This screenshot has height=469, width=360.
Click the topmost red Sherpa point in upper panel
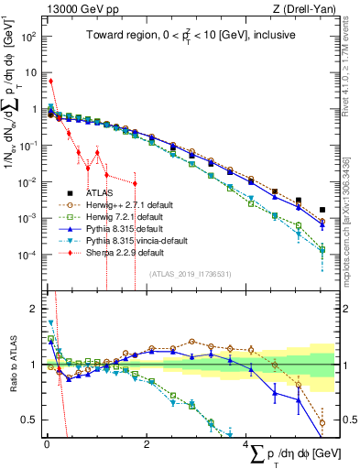51,81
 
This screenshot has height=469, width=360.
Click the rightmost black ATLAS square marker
322,210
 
